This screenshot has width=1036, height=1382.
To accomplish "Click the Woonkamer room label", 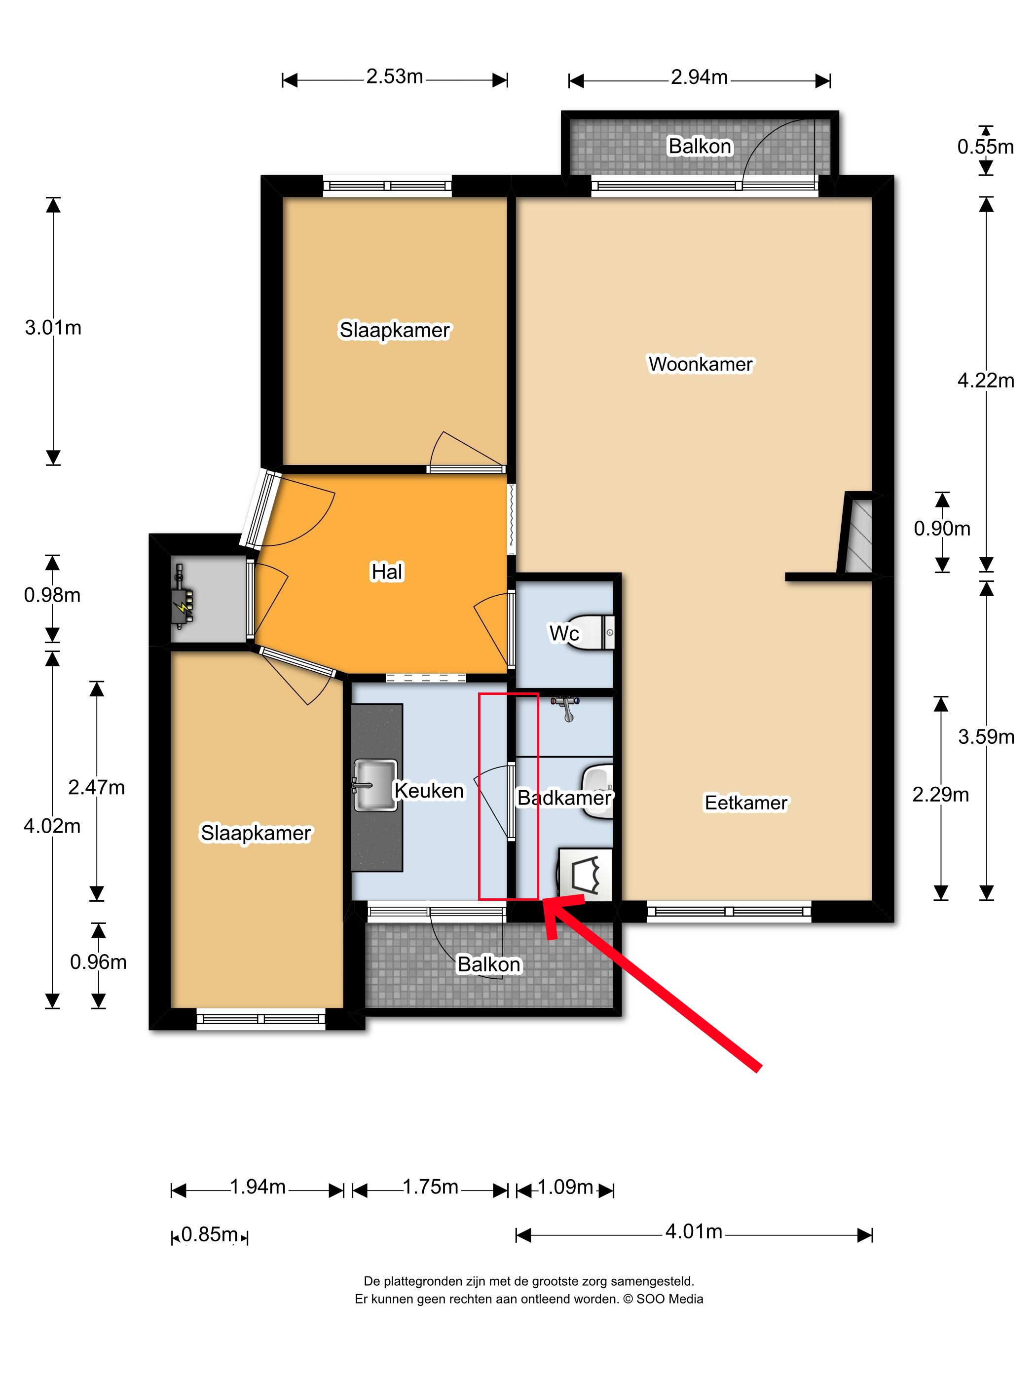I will tap(700, 364).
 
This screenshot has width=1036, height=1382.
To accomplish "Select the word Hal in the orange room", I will tap(387, 572).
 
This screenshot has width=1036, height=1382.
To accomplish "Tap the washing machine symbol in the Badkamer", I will tap(585, 874).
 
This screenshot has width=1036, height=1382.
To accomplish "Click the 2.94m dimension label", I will tap(699, 77).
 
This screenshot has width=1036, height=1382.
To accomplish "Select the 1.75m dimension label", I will tap(430, 1186).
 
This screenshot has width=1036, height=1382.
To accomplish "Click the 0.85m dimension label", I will tap(209, 1234).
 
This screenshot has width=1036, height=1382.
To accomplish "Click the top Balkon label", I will tap(700, 146).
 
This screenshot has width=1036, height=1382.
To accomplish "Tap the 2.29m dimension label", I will tap(940, 795).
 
